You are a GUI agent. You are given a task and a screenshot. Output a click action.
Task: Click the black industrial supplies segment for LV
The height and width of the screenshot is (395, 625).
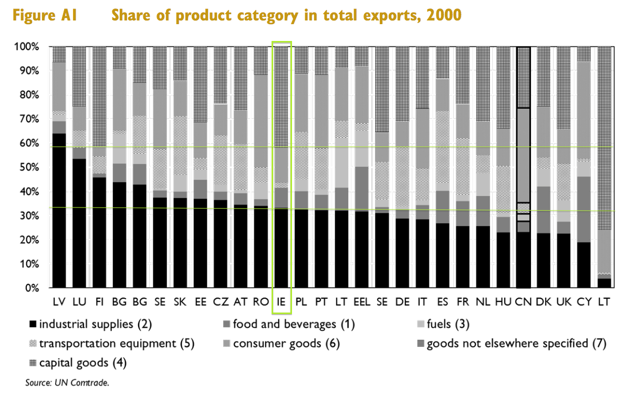59,210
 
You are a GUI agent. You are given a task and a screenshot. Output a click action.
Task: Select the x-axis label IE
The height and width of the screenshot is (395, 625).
281,303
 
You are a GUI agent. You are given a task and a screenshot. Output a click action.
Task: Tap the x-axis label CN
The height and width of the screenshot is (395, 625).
524,303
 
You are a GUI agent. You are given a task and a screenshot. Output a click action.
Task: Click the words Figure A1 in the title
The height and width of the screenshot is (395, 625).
45,15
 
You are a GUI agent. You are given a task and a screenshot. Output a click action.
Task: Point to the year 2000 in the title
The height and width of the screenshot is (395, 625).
444,15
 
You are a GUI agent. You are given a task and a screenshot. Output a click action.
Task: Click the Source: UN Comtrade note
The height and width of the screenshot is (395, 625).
67,383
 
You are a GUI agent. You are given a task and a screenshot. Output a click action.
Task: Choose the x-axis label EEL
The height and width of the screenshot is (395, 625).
362,303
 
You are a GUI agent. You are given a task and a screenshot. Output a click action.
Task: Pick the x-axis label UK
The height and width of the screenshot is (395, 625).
564,303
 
